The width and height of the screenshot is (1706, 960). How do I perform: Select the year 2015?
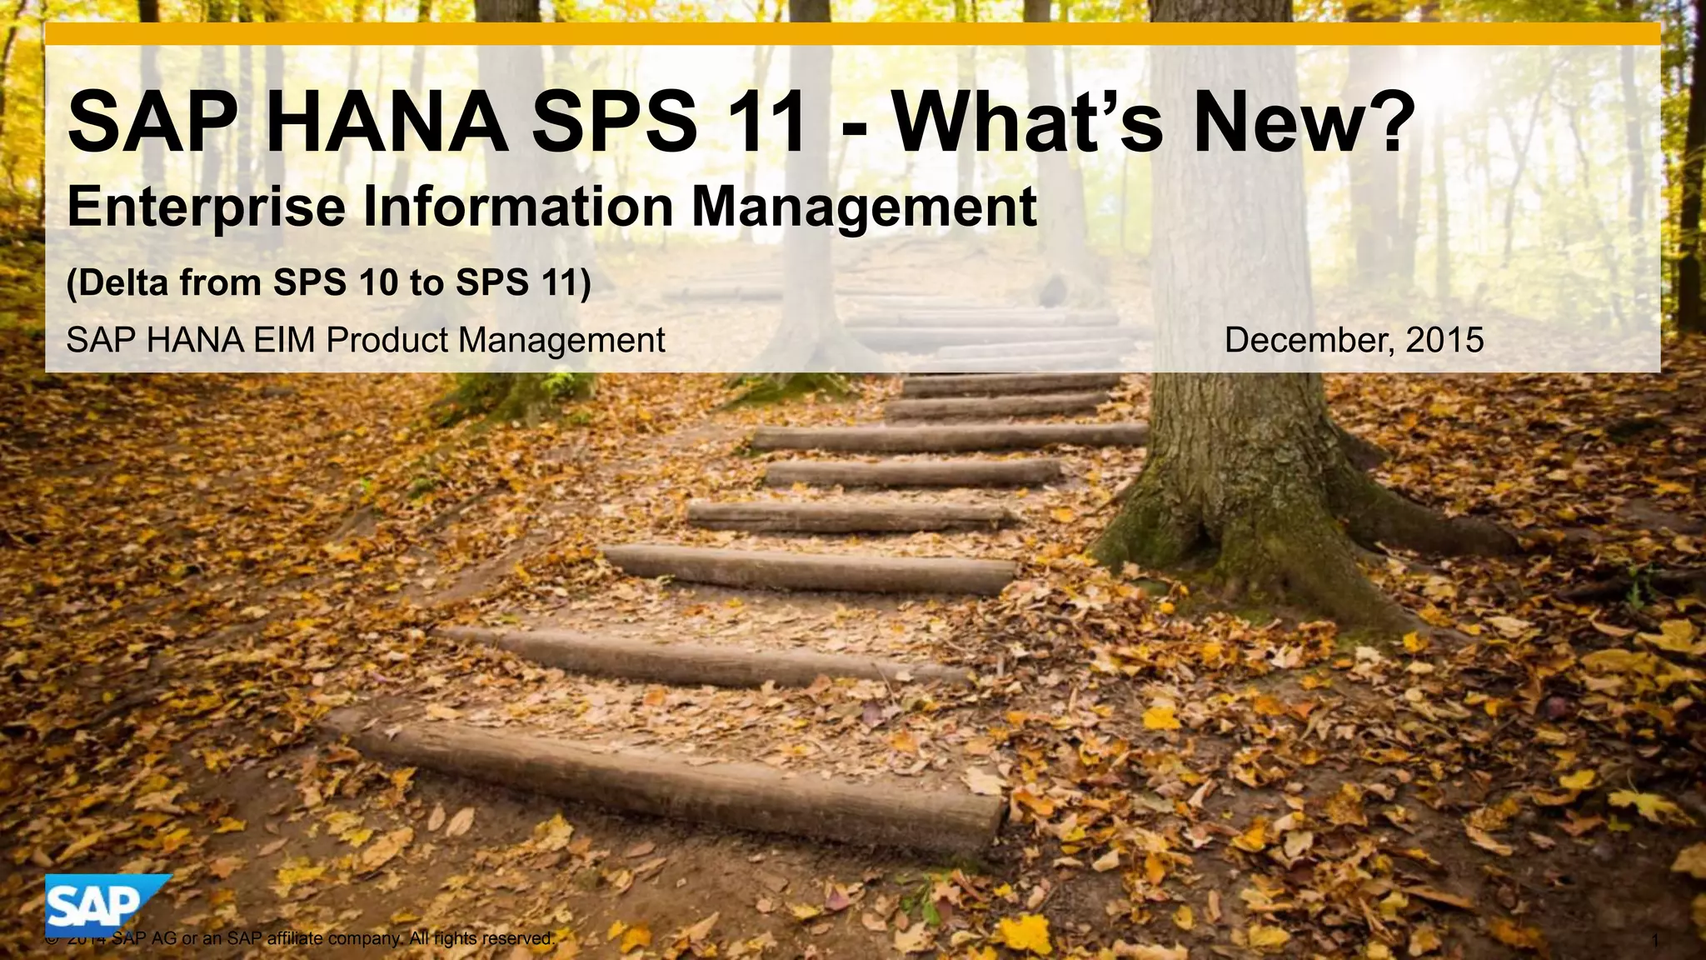1444,340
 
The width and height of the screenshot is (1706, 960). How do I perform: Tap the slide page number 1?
1655,941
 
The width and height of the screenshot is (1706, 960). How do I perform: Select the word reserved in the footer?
517,939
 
